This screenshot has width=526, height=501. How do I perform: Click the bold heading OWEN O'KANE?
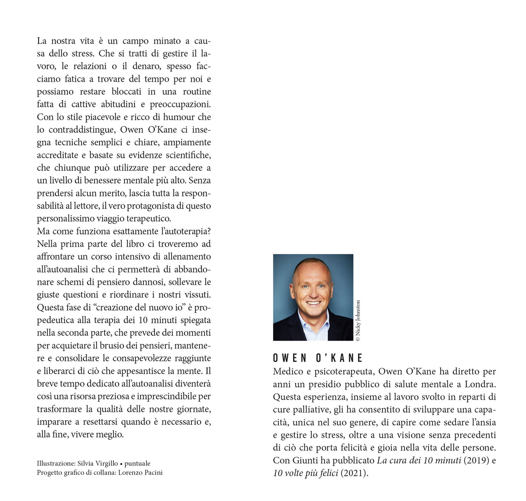[318, 358]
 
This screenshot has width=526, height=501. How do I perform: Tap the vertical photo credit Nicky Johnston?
[358, 321]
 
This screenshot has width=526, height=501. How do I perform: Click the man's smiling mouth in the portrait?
[313, 303]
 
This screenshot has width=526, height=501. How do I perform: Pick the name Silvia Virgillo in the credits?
[98, 463]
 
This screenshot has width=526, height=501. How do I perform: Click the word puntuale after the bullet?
[137, 463]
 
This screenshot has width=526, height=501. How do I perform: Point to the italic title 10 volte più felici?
[305, 473]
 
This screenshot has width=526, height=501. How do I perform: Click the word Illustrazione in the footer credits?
[56, 463]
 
